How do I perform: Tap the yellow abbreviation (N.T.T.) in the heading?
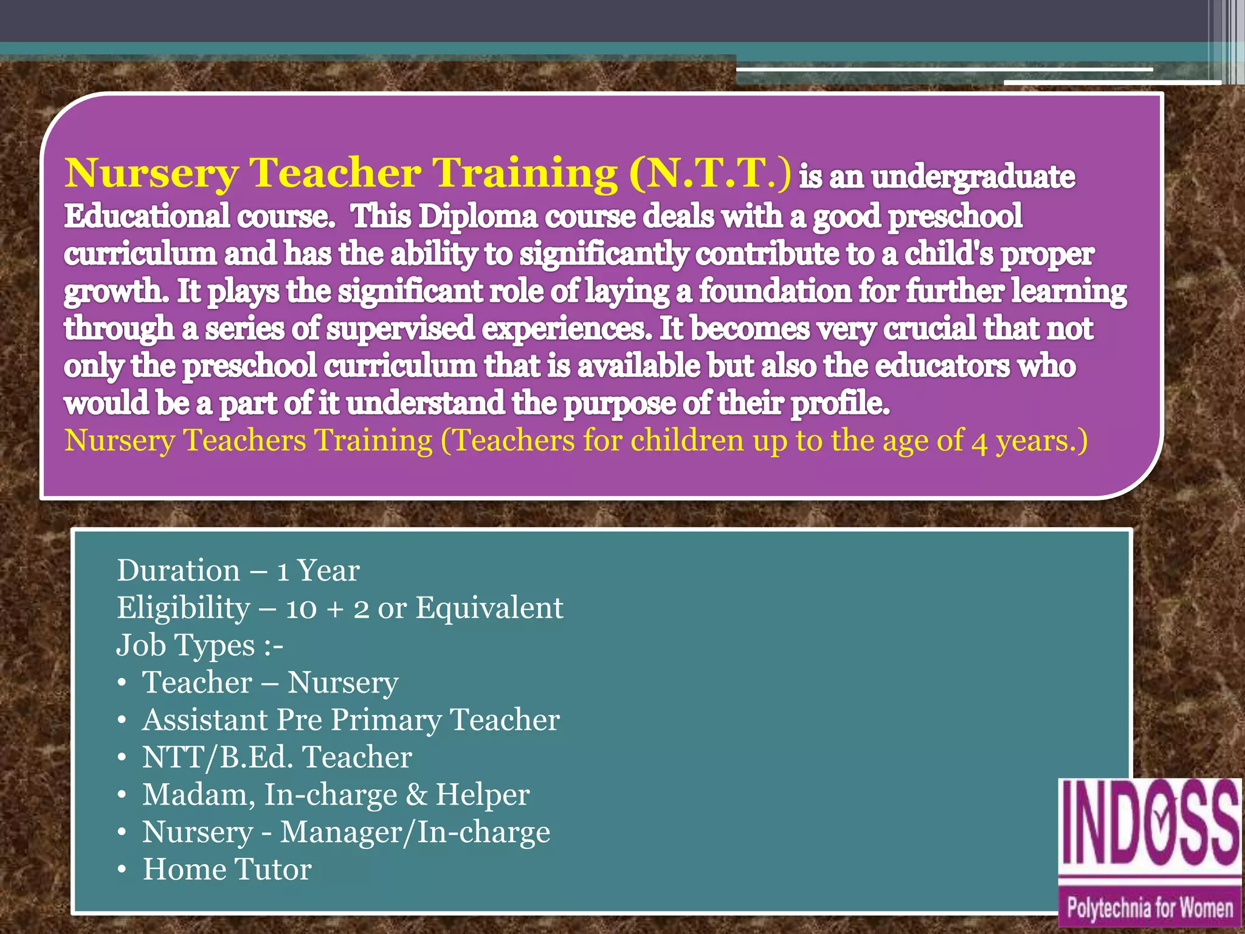coord(710,173)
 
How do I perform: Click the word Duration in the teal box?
coord(179,571)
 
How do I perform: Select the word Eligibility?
coord(183,608)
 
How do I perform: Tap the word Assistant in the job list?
coord(205,720)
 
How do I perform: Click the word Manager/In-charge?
coord(415,832)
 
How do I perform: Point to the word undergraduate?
coord(973,178)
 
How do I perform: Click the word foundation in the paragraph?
coord(774,291)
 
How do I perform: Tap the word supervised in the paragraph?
coord(400,328)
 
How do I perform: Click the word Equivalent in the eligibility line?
coord(489,608)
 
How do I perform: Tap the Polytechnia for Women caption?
coord(1150,908)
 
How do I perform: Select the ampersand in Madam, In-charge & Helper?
coord(416,795)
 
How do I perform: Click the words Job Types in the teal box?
coord(185,646)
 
